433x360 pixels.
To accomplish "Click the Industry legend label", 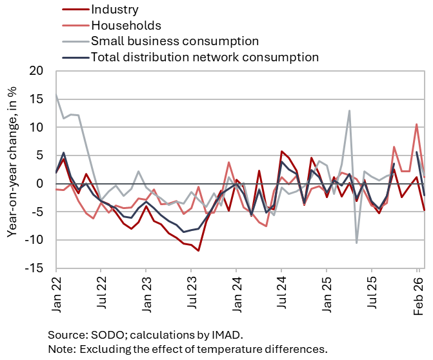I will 115,10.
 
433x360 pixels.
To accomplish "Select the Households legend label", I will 126,25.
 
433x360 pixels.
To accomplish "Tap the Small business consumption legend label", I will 175,41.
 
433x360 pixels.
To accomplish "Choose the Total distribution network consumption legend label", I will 205,57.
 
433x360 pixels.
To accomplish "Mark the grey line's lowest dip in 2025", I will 357,243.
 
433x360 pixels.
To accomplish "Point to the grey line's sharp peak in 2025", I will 349,110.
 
